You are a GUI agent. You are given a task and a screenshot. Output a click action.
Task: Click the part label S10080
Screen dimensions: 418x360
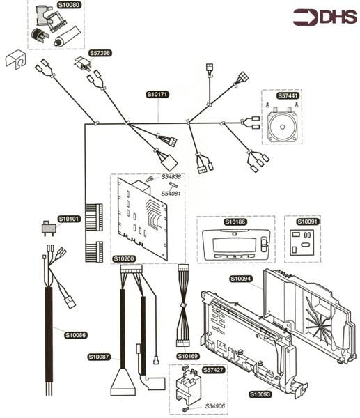[x=69, y=5]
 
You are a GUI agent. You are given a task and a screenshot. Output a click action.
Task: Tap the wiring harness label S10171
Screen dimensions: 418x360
[x=157, y=94]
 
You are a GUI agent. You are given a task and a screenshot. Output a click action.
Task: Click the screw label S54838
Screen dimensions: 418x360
[x=171, y=177]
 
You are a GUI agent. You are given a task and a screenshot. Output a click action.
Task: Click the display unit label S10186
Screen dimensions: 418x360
[x=235, y=222]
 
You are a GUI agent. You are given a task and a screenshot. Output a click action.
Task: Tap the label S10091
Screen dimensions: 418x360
[x=307, y=222]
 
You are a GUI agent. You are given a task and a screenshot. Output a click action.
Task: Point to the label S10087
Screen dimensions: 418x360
[x=99, y=357]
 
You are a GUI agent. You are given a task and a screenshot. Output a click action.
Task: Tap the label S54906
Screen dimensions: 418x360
[x=210, y=405]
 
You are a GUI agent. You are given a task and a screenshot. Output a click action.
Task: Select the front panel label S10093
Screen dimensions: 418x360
[x=260, y=394]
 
